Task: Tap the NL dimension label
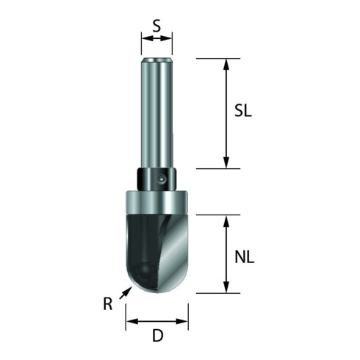pos(248,257)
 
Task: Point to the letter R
pos(107,303)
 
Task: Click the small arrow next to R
pos(126,292)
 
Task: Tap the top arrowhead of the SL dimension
pos(226,63)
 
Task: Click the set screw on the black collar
pos(162,178)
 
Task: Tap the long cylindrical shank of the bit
pos(156,118)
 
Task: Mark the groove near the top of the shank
pos(156,61)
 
